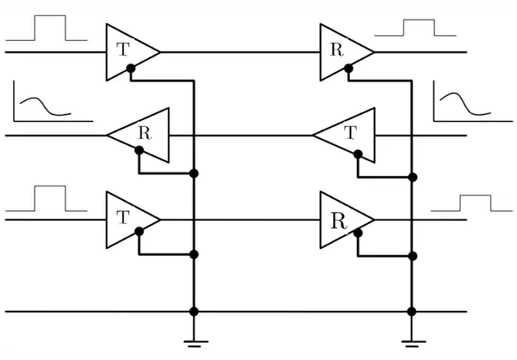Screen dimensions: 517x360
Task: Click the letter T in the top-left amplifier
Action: [123, 50]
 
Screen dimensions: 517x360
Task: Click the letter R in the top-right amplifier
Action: [337, 50]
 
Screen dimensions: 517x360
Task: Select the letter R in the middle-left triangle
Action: [144, 133]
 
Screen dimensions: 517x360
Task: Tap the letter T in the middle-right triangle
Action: [351, 133]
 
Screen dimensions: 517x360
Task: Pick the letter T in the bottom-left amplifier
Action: [123, 217]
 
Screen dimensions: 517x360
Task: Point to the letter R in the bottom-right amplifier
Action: [338, 221]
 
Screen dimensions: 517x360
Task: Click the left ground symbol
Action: [196, 344]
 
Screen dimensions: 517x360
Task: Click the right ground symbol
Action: [414, 344]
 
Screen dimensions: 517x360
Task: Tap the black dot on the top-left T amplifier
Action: [131, 68]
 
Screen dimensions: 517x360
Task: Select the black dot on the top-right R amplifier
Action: [349, 68]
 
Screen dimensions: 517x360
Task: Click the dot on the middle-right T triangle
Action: [358, 154]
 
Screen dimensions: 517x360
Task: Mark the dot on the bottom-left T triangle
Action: [139, 231]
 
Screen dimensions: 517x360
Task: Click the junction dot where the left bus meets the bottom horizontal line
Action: [194, 312]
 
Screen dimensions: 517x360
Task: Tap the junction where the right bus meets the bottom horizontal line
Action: [411, 312]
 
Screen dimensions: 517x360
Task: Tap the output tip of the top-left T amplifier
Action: [160, 52]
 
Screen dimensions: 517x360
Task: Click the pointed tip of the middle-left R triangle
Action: [108, 135]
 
